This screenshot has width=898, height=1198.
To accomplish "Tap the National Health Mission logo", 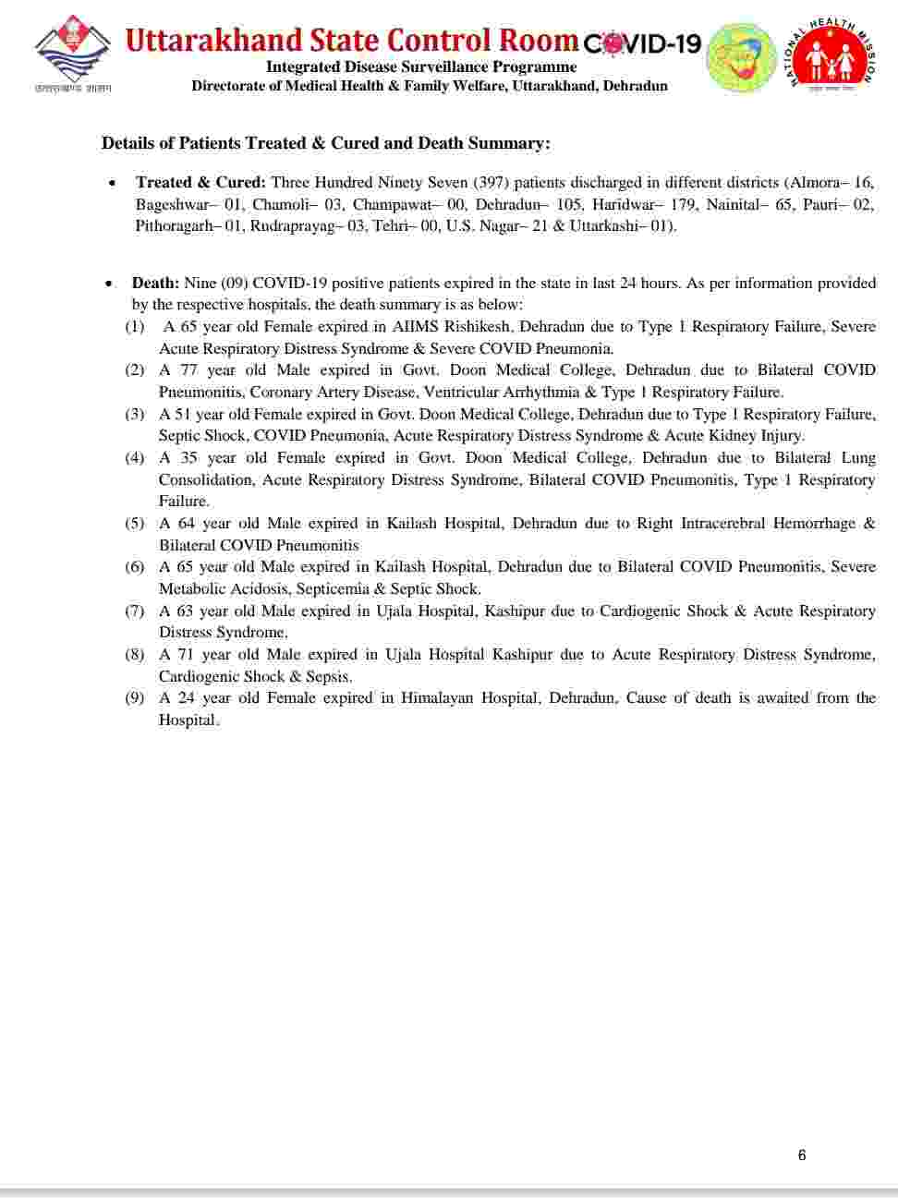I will point(831,55).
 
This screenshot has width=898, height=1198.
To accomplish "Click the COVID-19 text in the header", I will point(643,42).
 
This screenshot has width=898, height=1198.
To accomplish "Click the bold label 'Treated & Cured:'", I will point(200,182).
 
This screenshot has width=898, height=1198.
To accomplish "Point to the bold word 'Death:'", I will point(155,283).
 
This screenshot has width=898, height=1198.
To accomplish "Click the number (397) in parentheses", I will point(491,182).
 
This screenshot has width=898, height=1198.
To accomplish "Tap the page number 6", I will point(802,1155).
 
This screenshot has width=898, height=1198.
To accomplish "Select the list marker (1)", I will point(135,327).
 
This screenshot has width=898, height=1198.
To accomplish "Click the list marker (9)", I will point(135,698).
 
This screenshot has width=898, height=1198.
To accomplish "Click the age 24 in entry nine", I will point(187,698).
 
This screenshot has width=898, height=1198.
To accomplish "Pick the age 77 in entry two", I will point(188,370).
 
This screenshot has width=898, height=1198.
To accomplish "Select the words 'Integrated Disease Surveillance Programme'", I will point(421,67).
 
